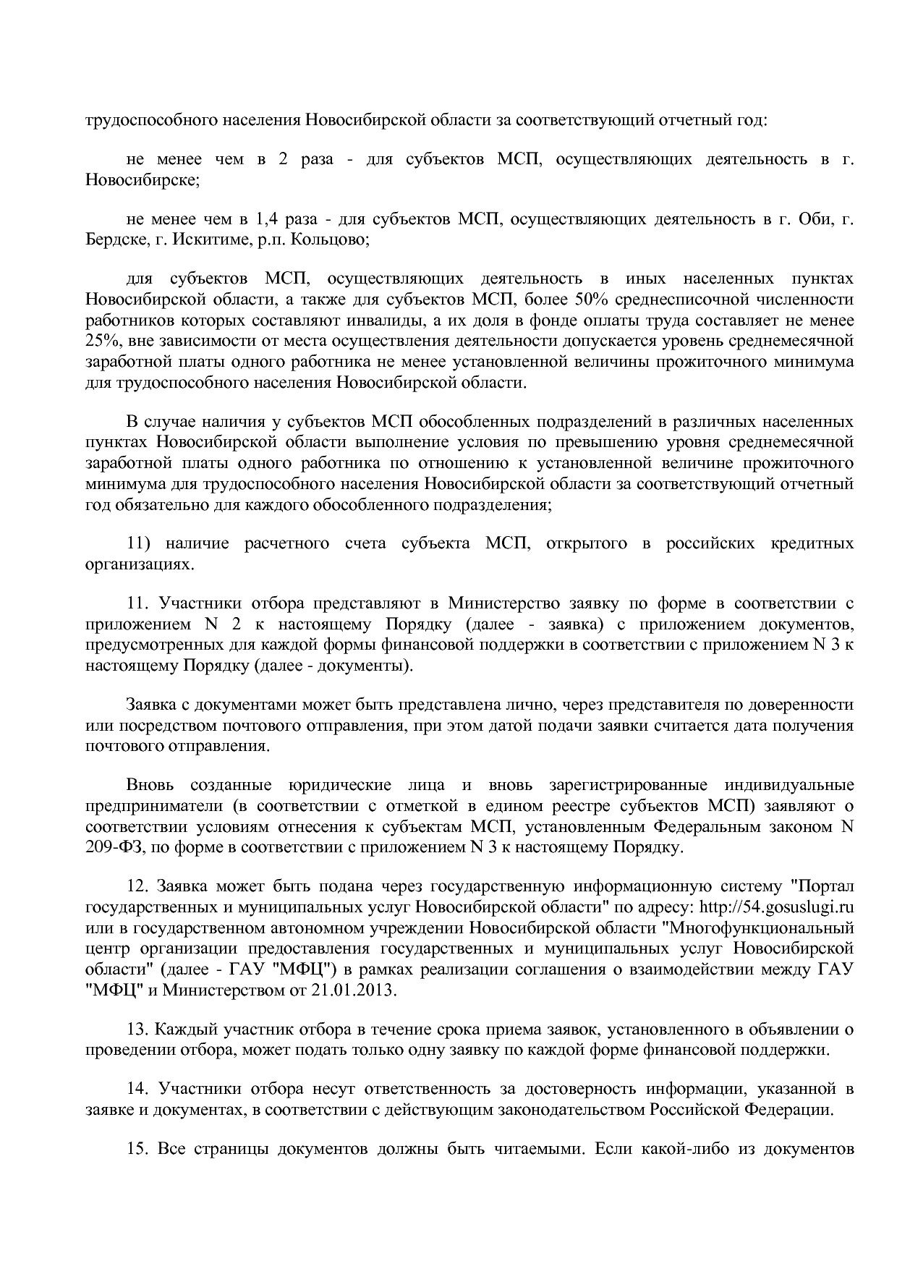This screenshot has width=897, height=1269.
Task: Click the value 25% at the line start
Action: point(99,341)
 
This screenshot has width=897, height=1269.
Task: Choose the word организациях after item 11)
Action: point(140,564)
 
